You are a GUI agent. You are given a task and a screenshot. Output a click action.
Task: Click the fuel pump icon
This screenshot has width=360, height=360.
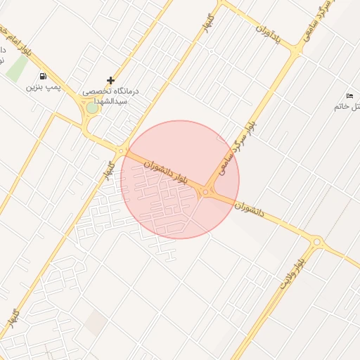point(43,77)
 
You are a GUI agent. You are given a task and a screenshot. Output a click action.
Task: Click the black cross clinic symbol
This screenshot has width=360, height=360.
point(110,81)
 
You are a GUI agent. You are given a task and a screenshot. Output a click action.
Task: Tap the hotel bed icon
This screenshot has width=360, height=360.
point(349,96)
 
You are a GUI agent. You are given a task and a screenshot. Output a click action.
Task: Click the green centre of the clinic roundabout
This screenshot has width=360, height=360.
point(92,108)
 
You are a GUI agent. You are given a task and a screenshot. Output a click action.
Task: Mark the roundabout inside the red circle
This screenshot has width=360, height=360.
point(206,191)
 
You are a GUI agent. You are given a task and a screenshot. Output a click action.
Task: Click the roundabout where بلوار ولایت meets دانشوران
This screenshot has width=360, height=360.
point(316,242)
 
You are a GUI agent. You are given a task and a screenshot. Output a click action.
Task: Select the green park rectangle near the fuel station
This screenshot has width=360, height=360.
point(18,68)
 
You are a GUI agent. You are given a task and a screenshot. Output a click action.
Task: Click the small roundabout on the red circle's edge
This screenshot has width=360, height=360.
point(122,150)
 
